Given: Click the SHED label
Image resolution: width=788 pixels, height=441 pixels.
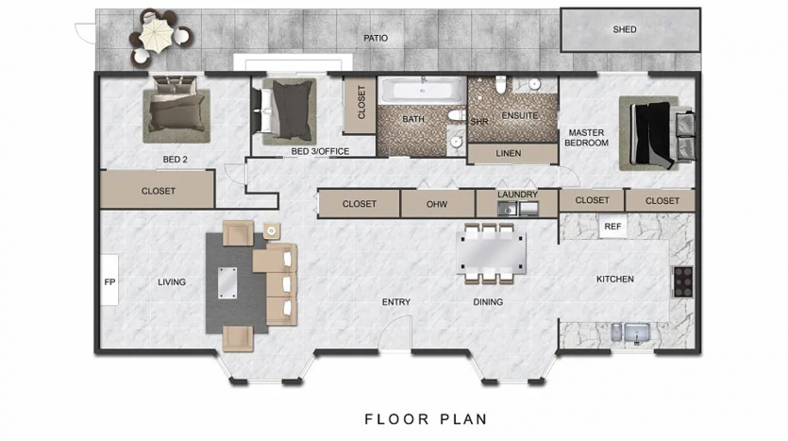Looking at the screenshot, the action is pyautogui.click(x=624, y=29).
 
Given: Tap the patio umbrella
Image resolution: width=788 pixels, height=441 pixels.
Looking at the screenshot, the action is pyautogui.click(x=157, y=34).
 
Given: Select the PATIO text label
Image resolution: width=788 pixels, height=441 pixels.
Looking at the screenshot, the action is pyautogui.click(x=376, y=38).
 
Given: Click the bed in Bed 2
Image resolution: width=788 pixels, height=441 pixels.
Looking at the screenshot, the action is pyautogui.click(x=176, y=108).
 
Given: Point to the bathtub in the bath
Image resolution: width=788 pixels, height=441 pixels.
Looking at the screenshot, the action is pyautogui.click(x=423, y=91).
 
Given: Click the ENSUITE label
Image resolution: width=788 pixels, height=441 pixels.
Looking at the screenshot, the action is pyautogui.click(x=520, y=115).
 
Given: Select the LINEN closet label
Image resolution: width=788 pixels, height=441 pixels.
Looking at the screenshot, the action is pyautogui.click(x=508, y=153).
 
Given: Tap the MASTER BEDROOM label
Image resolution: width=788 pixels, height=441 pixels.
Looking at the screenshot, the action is pyautogui.click(x=586, y=138).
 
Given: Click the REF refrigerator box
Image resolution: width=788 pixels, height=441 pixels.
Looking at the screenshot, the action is pyautogui.click(x=612, y=227).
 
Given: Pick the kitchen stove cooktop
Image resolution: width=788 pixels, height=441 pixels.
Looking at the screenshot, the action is pyautogui.click(x=683, y=281).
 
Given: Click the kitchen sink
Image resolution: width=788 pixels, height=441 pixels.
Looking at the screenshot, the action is pyautogui.click(x=637, y=332).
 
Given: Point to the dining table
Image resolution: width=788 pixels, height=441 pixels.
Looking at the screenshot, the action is pyautogui.click(x=491, y=252).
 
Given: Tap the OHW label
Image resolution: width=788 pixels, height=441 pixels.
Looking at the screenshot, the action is pyautogui.click(x=437, y=204).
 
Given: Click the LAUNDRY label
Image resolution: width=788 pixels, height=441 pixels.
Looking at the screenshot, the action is pyautogui.click(x=518, y=195).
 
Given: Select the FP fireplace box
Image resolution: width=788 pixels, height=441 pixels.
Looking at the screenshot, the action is pyautogui.click(x=109, y=280).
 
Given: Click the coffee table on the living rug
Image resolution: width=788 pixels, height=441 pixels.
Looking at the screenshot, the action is pyautogui.click(x=227, y=282).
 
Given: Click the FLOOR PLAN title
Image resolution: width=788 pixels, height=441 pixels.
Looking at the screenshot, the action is pyautogui.click(x=426, y=419).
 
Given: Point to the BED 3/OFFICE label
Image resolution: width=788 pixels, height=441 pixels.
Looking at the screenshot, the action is pyautogui.click(x=320, y=151).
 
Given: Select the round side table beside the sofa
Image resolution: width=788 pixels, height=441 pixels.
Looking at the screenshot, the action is pyautogui.click(x=272, y=230).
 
